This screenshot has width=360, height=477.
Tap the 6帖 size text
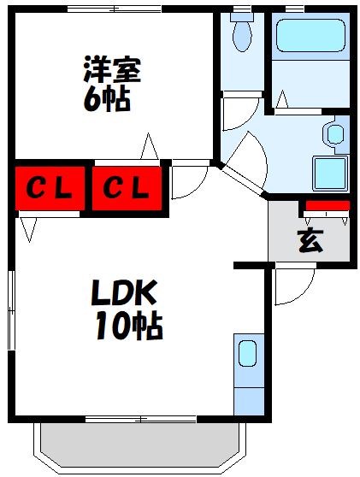click(x=107, y=99)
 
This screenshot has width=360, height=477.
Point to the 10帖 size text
click(x=129, y=326)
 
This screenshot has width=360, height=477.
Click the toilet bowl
click(x=241, y=35)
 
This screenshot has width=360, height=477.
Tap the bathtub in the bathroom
click(x=308, y=38)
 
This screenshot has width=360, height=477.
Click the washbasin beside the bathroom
click(x=334, y=134)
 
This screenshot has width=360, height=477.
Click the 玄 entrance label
click(x=310, y=242)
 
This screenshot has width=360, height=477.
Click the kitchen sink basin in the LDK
click(x=246, y=353)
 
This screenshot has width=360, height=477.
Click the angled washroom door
click(x=244, y=181)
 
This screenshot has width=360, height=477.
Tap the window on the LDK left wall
click(x=12, y=317)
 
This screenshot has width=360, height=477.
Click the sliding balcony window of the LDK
click(x=141, y=419)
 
